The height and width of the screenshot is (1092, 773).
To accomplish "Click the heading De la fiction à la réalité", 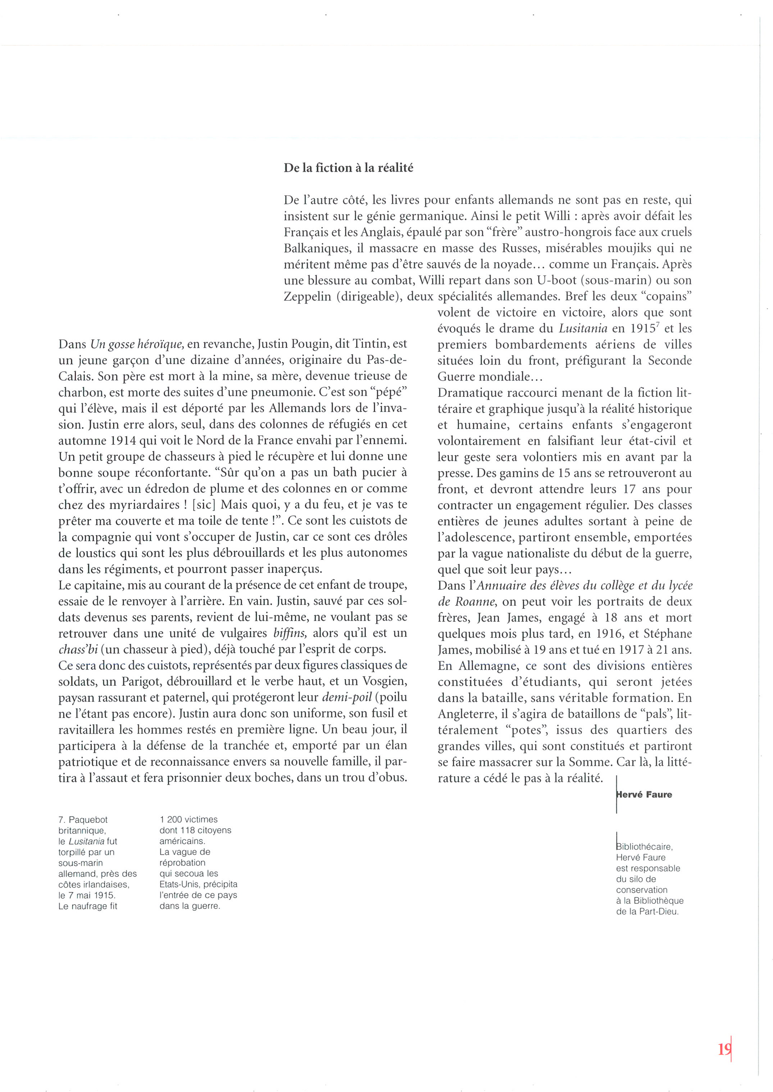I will click(349, 168).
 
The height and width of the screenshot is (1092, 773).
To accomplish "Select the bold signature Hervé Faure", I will click(644, 794).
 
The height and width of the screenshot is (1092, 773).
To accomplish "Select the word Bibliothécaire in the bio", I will click(644, 847).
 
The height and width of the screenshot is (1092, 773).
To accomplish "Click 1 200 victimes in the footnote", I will click(189, 819).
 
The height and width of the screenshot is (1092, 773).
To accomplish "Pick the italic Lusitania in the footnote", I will click(87, 841).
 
